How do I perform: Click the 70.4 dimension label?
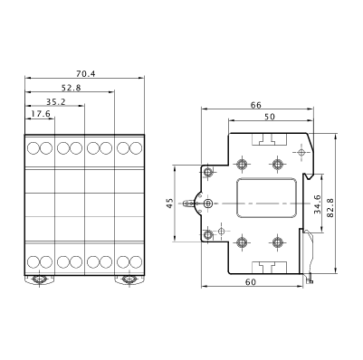point(86,73)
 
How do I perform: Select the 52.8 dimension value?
point(72,88)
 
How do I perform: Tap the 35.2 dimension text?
point(56,101)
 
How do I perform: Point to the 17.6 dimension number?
point(41,114)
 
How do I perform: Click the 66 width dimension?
point(256,105)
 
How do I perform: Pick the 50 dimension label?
point(270,117)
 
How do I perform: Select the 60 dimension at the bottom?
point(251,282)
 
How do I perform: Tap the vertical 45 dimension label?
point(170,204)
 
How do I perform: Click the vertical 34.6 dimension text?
point(317,204)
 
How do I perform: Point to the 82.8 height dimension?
point(330,208)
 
